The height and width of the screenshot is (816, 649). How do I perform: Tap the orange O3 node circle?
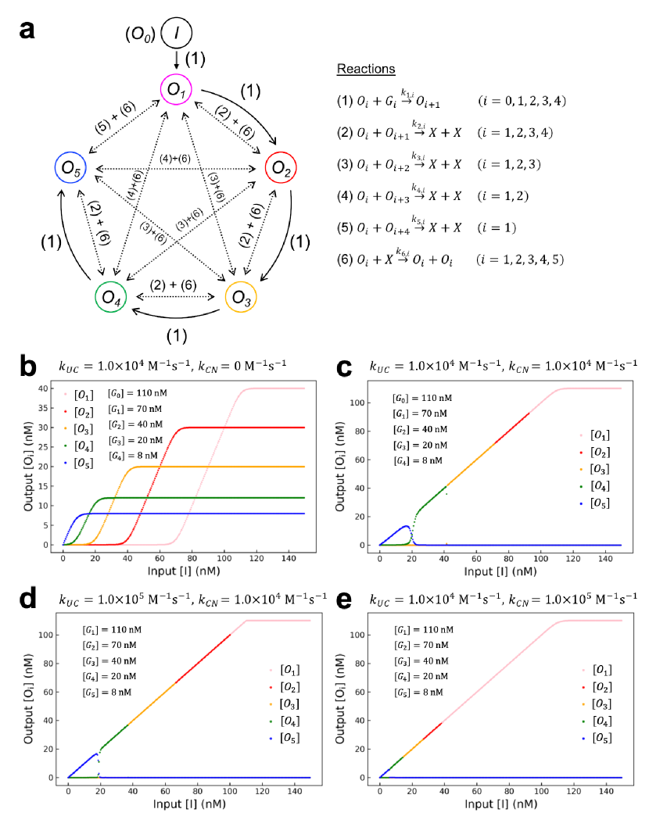[242, 296]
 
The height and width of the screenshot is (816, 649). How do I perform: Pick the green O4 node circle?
[111, 297]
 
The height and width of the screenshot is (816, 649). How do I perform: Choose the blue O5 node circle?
[71, 166]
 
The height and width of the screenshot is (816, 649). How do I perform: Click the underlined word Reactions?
[366, 70]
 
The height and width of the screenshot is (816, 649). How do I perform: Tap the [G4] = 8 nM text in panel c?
[421, 460]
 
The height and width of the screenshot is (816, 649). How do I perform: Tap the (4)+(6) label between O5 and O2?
[176, 159]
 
